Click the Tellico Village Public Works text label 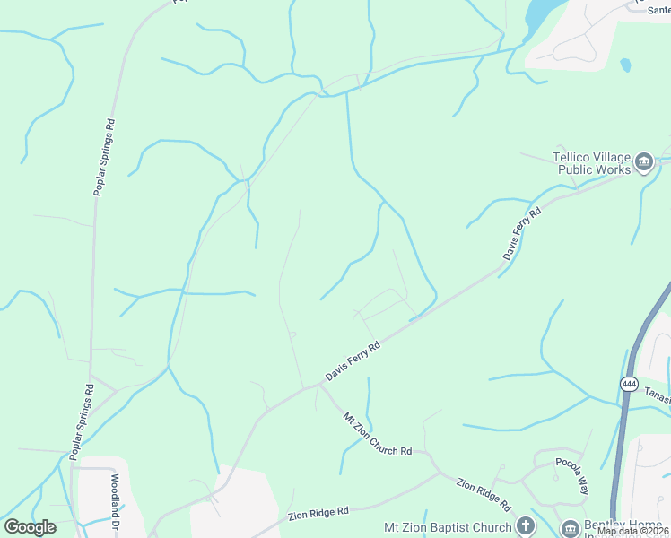tap(591, 161)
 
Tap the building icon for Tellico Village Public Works tap(643, 161)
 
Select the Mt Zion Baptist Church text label tap(447, 527)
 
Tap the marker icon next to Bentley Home tap(569, 529)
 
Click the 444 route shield tap(629, 384)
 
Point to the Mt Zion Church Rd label tap(378, 435)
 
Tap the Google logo tap(30, 527)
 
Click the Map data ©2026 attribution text tap(632, 531)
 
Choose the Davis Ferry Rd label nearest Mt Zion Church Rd tap(353, 360)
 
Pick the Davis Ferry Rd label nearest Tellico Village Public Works tap(522, 235)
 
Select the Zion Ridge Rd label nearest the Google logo tap(318, 514)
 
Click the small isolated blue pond tap(624, 65)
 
